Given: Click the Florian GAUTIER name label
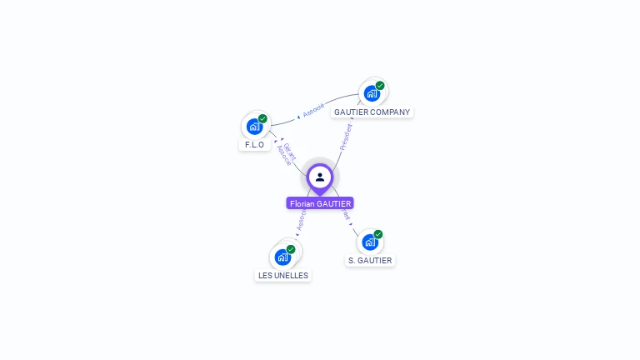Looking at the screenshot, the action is tap(320, 203).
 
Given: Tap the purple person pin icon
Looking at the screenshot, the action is tap(320, 177).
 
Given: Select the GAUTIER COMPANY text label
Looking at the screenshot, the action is tap(372, 112).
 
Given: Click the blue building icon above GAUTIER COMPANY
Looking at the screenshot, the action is tap(372, 93).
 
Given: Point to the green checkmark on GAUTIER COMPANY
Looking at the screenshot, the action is tap(380, 86).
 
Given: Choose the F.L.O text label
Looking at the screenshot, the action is tap(254, 145).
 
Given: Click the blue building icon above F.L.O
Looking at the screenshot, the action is tap(254, 126).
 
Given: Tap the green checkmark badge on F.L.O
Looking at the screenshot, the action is tap(262, 118).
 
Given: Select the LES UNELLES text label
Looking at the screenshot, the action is tap(283, 276).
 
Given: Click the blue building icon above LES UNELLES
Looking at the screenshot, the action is tap(282, 257).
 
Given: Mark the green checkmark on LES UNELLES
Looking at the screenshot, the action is tap(291, 249).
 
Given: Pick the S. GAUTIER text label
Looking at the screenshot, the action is tap(370, 261).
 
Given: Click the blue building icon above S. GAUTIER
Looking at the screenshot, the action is tap(370, 242).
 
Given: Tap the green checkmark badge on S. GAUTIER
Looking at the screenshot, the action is tap(378, 234).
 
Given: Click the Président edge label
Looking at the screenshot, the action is tap(346, 137).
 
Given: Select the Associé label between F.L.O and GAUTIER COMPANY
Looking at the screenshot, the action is tap(313, 109).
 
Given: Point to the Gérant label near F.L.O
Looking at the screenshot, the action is tap(290, 149).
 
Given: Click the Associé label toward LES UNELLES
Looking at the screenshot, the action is tap(301, 220).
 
